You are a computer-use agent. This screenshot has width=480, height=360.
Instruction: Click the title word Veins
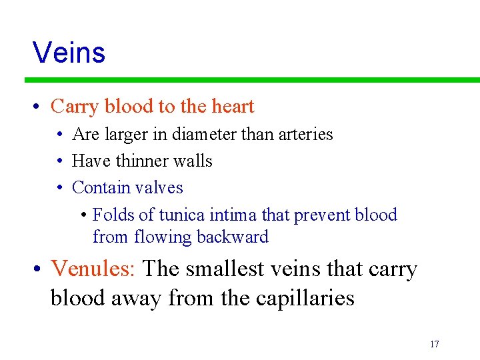[x=69, y=52]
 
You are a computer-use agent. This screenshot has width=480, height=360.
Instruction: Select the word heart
[x=233, y=107]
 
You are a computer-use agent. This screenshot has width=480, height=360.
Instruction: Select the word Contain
[x=97, y=188]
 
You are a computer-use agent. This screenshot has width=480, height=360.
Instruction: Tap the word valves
[x=160, y=188]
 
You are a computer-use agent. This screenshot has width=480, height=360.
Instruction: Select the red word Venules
[x=93, y=269]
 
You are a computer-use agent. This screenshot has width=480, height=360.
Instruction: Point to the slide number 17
[x=435, y=344]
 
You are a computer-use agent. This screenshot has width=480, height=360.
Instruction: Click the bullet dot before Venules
[x=38, y=269]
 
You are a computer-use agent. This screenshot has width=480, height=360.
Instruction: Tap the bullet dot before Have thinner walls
[x=60, y=162]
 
